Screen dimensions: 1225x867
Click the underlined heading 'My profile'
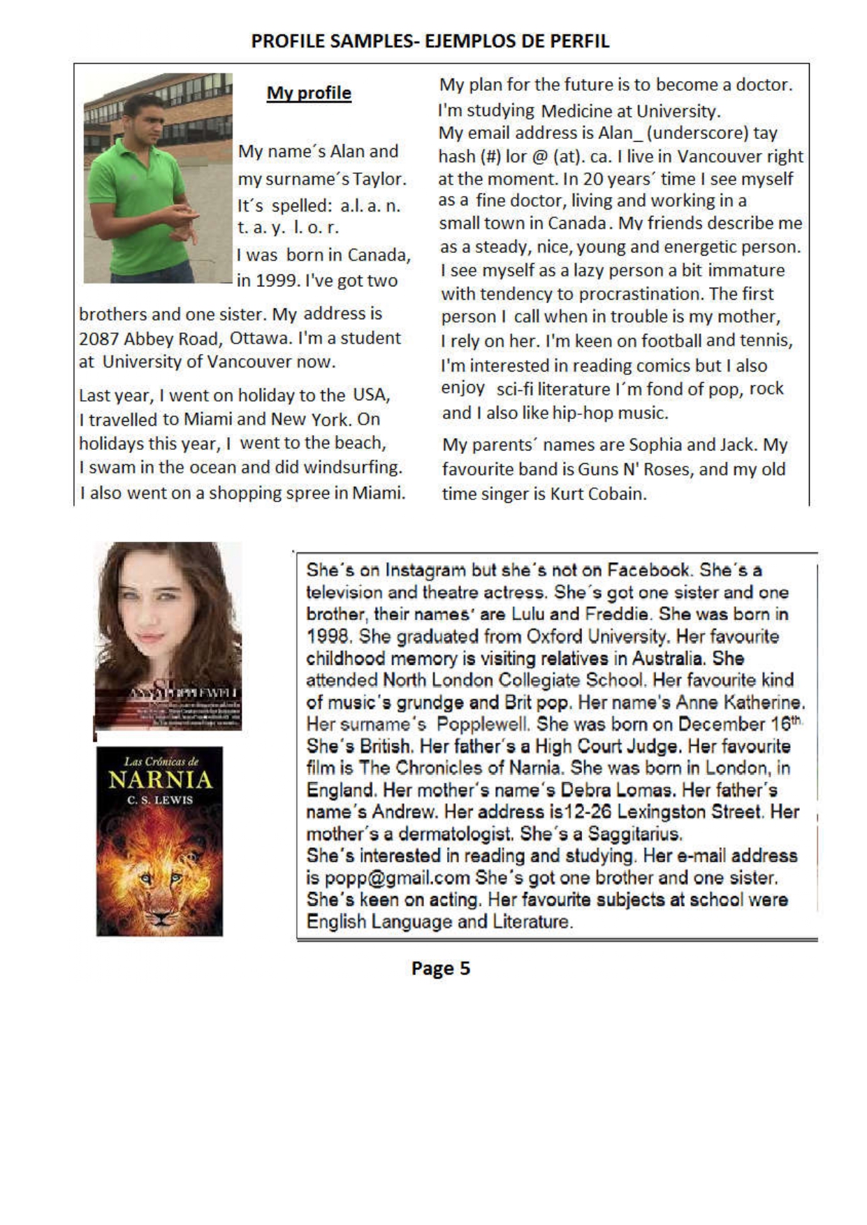click(x=309, y=93)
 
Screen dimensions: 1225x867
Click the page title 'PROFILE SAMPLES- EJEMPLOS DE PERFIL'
click(x=430, y=41)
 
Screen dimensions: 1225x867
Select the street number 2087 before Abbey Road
click(x=98, y=338)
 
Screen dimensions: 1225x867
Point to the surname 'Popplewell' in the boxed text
click(x=483, y=724)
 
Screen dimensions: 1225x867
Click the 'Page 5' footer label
click(x=440, y=968)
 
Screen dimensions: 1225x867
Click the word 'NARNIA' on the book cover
click(x=160, y=779)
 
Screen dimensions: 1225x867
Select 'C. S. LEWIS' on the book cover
click(x=159, y=800)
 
